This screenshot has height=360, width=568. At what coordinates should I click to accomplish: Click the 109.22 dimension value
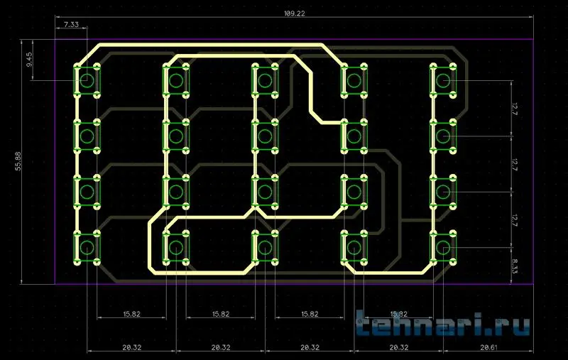[294, 13]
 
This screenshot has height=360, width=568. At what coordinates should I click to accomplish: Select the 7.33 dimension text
[71, 25]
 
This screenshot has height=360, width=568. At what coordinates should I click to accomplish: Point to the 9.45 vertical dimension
[29, 60]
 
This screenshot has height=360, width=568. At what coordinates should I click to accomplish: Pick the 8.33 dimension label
[515, 266]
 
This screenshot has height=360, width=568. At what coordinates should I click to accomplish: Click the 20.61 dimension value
[488, 347]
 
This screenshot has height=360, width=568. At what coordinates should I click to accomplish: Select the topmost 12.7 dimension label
[513, 109]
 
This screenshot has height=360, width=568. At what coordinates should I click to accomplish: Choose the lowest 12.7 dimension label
[513, 219]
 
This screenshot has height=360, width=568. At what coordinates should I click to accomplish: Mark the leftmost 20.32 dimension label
[131, 347]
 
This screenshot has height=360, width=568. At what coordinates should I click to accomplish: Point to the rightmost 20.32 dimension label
[398, 347]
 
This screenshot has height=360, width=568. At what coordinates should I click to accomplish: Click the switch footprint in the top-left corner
[87, 80]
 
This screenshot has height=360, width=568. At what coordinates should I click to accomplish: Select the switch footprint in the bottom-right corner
[443, 247]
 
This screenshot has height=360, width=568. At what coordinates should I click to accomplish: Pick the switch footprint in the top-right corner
[443, 80]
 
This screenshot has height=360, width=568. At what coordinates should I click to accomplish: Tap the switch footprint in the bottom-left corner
[87, 247]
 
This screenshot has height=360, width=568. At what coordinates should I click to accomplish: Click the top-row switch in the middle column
[265, 80]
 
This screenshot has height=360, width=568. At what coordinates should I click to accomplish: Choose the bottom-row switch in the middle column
[265, 247]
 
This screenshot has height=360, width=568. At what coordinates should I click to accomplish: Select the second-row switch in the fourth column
[354, 136]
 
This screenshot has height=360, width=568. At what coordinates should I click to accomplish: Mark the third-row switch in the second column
[175, 191]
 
